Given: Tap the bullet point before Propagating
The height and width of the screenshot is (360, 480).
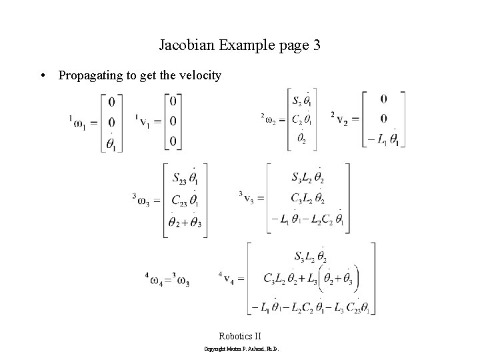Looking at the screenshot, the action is [x=43, y=76].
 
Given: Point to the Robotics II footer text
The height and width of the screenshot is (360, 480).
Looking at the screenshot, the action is [x=240, y=336].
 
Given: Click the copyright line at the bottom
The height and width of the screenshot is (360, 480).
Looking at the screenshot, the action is [x=240, y=349].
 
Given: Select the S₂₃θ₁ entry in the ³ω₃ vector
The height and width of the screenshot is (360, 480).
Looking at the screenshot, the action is [x=185, y=178].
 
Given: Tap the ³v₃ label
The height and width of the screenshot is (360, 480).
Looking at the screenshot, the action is [x=250, y=197].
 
